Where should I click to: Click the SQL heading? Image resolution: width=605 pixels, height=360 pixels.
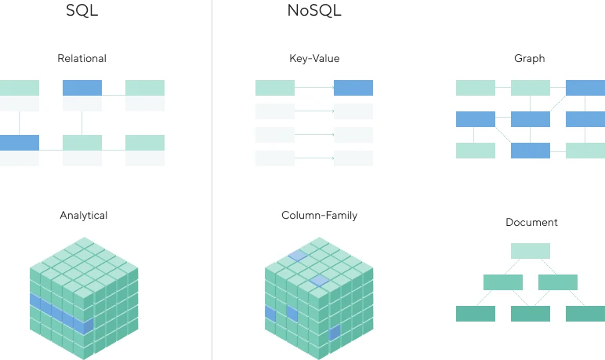point(82,10)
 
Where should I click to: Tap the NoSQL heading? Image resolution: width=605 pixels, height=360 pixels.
point(314,10)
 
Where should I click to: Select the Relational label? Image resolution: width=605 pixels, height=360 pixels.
point(82,58)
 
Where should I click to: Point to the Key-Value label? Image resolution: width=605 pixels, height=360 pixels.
point(314,58)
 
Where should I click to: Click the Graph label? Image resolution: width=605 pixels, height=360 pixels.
point(530,58)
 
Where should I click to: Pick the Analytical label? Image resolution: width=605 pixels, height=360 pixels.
point(83,215)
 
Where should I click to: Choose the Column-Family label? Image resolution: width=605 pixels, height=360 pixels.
point(320,215)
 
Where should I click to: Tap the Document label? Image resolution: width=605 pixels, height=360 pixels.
point(531,222)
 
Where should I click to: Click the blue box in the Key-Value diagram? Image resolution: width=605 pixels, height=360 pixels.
point(353,88)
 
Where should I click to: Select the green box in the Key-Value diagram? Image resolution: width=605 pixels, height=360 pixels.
point(275,88)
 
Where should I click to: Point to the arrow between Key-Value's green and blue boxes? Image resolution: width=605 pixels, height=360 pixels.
point(314,88)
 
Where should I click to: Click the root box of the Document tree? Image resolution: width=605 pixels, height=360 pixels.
point(531,251)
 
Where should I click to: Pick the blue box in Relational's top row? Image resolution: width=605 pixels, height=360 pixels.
point(82,88)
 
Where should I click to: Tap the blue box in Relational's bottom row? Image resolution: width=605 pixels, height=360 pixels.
point(20,143)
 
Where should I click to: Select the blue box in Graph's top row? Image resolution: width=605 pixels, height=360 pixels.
point(585,88)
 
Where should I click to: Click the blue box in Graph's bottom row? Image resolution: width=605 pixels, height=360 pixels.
point(531,151)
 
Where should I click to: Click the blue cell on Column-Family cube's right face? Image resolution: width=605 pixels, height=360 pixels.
point(335,333)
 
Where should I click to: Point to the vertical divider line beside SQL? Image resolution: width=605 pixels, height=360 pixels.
point(212,180)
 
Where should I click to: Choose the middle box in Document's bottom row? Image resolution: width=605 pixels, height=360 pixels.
point(531,314)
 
